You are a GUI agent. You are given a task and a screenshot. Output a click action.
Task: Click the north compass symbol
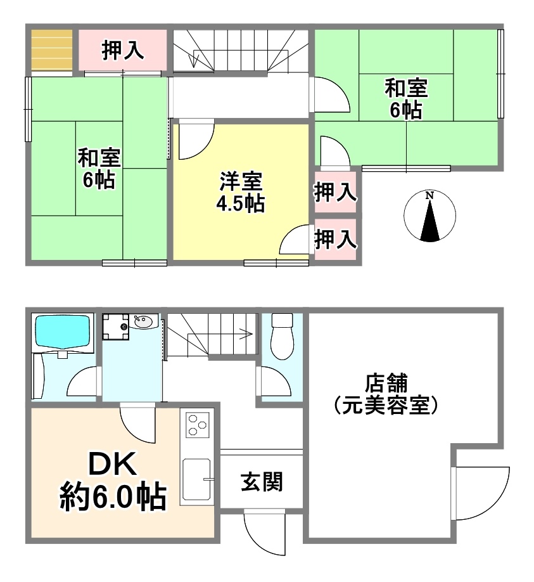(x=429, y=216)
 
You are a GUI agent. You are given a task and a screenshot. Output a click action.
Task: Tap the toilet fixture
(x=283, y=336)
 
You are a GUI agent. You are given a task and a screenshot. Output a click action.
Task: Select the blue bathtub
(x=62, y=332)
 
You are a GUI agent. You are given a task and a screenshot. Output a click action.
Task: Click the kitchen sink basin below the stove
(x=197, y=479)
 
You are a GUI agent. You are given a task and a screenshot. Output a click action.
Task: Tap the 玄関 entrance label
(x=262, y=481)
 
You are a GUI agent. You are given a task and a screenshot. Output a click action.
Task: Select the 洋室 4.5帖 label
(x=241, y=192)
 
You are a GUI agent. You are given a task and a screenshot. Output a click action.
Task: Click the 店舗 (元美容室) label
(x=386, y=394)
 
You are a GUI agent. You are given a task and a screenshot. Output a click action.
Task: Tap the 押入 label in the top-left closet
(x=123, y=50)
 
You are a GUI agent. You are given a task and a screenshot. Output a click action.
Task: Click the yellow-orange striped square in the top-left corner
(x=51, y=49)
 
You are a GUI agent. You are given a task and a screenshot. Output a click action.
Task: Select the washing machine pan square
(x=116, y=327)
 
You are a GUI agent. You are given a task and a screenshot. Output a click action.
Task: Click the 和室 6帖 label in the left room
(x=99, y=169)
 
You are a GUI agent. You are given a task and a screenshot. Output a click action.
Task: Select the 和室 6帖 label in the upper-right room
(x=406, y=98)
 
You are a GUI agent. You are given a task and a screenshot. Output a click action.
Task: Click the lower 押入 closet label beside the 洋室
(x=336, y=238)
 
